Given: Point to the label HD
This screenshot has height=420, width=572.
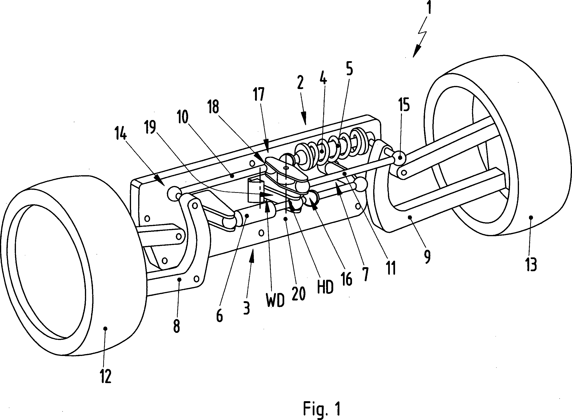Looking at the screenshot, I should tap(325, 288).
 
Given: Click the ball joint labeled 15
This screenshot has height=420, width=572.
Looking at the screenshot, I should tap(400, 157).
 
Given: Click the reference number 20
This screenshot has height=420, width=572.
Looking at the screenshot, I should tap(298, 294).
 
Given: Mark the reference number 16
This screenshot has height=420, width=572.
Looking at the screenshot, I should tap(347, 279).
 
